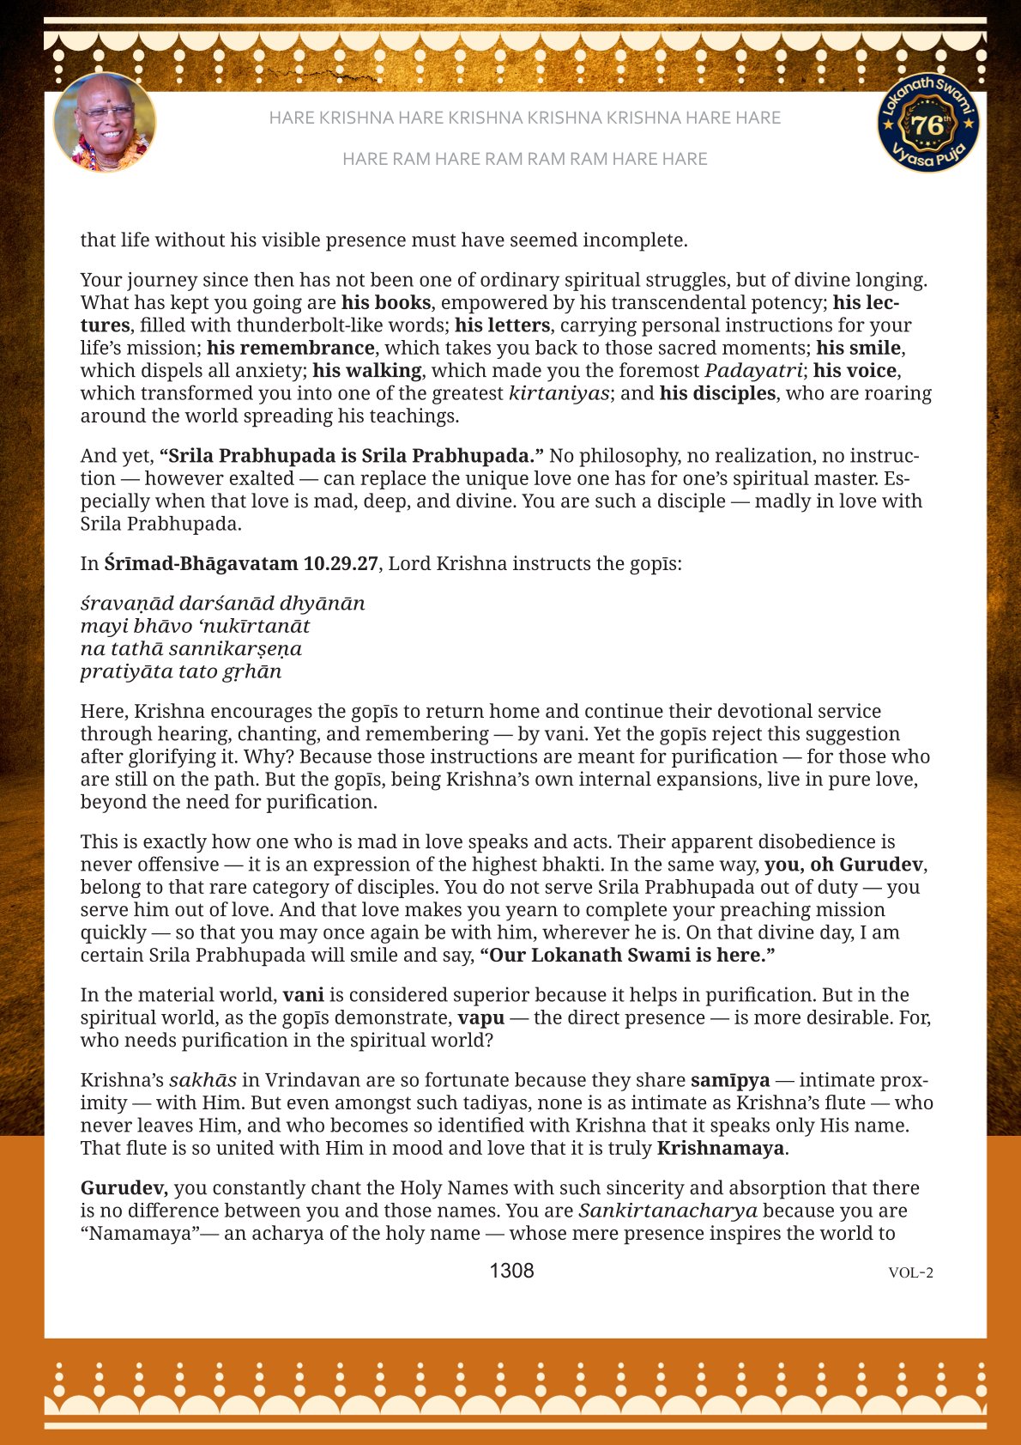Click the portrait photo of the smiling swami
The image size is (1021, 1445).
[x=105, y=122]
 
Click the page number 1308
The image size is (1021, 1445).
[x=511, y=1271]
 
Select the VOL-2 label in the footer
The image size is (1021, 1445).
[x=910, y=1272]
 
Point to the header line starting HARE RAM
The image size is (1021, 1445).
[x=524, y=159]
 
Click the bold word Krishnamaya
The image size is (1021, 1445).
[x=720, y=1148]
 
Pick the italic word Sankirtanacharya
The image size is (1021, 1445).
[x=668, y=1211]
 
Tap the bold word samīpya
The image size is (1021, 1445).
[x=730, y=1080]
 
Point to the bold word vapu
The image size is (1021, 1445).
[x=480, y=1018]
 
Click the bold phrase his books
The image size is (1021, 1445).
[x=386, y=302]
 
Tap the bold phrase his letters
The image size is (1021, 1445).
[x=502, y=325]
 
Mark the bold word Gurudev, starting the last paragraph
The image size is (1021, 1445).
[x=124, y=1188]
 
